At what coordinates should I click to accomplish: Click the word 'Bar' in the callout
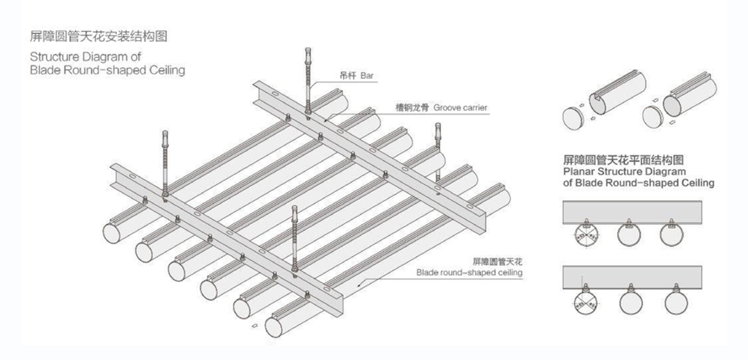(x=367, y=76)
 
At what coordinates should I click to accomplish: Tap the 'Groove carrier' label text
(x=460, y=108)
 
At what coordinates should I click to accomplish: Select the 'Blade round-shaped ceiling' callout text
(x=469, y=273)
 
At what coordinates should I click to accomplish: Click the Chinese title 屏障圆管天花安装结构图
(x=99, y=36)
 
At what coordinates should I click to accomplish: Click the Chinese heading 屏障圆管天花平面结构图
(x=623, y=160)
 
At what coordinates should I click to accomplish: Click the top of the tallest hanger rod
(x=308, y=49)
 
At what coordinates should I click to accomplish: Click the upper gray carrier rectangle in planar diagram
(x=632, y=212)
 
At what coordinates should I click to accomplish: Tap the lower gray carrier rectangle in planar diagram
(x=632, y=277)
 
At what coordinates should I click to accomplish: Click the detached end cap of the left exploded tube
(x=573, y=118)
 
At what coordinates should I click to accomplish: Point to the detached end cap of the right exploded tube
(x=652, y=116)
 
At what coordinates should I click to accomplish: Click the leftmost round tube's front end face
(x=112, y=233)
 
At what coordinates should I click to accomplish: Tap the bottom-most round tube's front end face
(x=274, y=327)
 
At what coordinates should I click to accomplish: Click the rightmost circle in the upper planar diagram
(x=672, y=235)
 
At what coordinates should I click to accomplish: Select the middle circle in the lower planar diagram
(x=631, y=304)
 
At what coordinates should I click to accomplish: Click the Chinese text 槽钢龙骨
(x=412, y=108)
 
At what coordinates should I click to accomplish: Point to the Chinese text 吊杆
(x=347, y=76)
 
